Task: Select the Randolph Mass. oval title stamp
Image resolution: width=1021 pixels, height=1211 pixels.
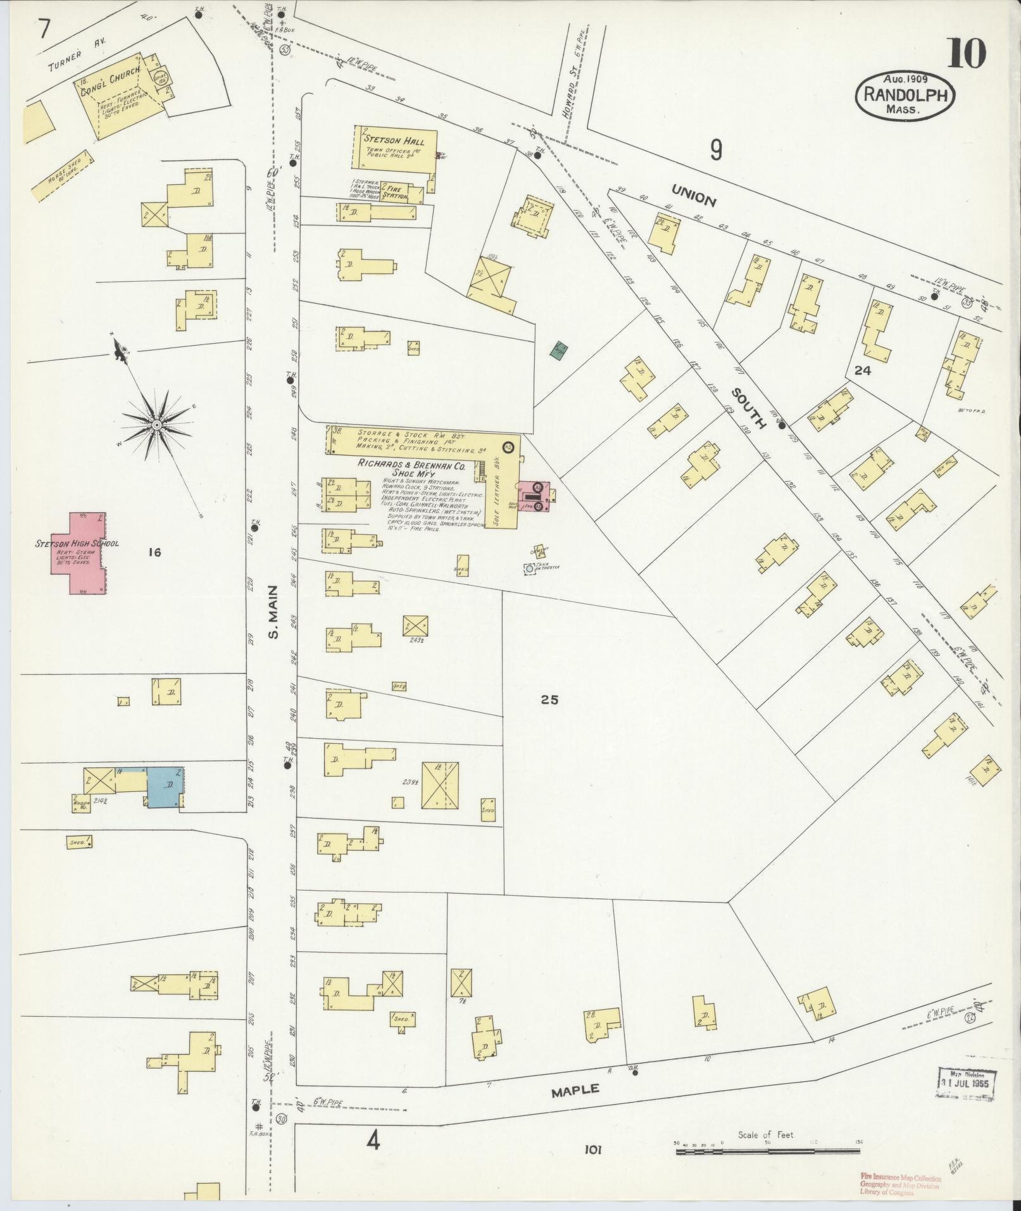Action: coord(905,95)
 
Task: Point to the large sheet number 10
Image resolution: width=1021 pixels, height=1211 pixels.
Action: coord(967,53)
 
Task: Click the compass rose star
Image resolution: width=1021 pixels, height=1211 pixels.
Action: coord(156,424)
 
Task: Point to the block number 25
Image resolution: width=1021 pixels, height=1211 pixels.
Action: coord(549,700)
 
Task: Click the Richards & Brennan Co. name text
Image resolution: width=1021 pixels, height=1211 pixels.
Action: coord(411,465)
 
